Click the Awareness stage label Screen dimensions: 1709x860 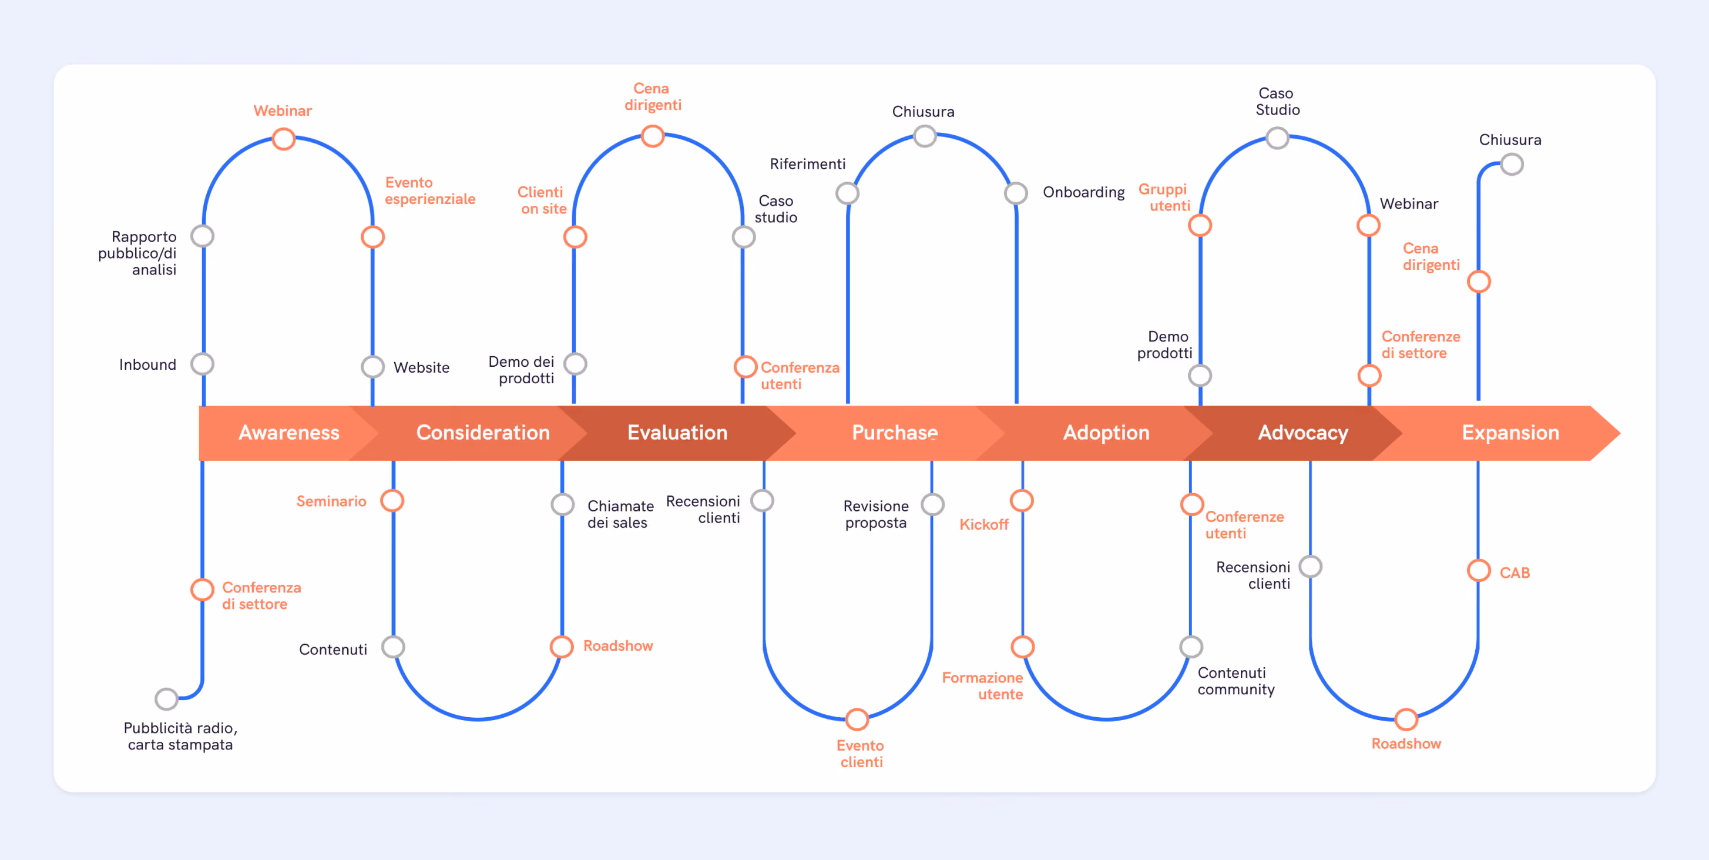click(288, 433)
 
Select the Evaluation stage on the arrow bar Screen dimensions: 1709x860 click(677, 433)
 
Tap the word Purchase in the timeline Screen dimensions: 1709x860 click(894, 433)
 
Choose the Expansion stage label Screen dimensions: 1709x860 click(1510, 433)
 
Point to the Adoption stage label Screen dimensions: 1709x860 click(1106, 433)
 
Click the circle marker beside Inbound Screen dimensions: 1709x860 click(202, 364)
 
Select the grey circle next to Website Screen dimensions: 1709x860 click(373, 366)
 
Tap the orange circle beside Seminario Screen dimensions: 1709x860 click(392, 500)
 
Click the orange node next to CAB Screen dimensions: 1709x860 click(1479, 570)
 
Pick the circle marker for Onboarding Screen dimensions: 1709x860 click(1016, 193)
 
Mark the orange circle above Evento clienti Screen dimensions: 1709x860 click(857, 720)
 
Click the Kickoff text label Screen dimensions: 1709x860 click(984, 524)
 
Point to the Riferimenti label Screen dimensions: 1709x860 click(807, 164)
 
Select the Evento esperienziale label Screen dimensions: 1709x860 click(430, 190)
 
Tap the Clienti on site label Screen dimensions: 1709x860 click(542, 200)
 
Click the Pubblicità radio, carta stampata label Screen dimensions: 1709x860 click(180, 736)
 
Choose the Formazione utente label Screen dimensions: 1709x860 click(982, 685)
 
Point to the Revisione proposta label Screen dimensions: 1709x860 click(876, 514)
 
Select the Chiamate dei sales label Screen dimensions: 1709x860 click(620, 514)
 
